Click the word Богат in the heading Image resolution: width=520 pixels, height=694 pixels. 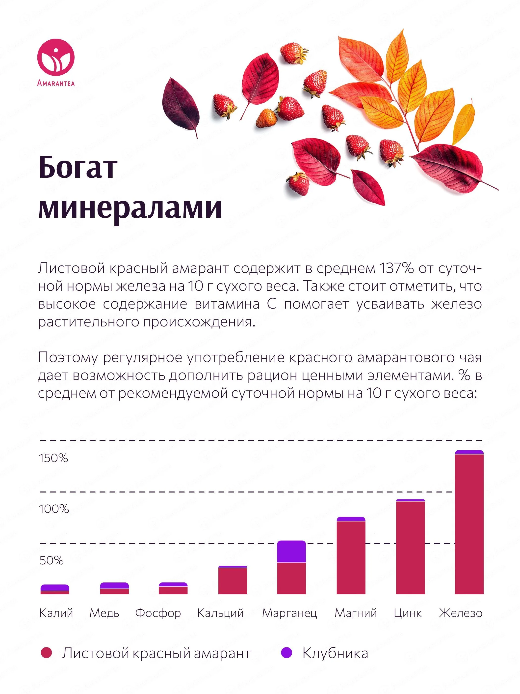click(x=78, y=167)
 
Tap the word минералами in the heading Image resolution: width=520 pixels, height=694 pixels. click(x=130, y=207)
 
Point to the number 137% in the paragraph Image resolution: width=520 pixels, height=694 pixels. click(x=396, y=269)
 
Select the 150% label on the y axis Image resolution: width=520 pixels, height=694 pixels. click(x=53, y=458)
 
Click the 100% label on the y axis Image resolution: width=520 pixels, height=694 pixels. click(x=53, y=509)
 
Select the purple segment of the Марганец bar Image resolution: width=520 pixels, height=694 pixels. click(x=291, y=551)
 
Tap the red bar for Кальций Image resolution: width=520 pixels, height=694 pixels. click(x=233, y=581)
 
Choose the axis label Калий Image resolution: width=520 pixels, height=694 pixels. click(x=56, y=613)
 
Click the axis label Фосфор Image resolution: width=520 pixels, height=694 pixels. click(x=158, y=613)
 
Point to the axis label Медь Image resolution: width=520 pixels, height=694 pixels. click(x=104, y=613)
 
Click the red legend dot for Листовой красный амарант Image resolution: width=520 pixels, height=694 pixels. click(x=46, y=653)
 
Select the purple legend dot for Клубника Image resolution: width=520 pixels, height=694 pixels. click(x=286, y=653)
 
